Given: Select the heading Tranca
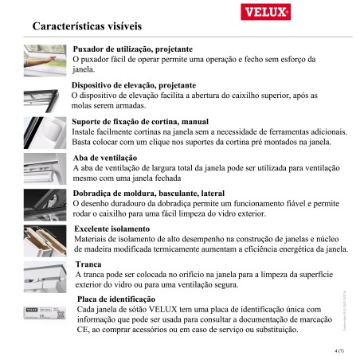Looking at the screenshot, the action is point(88,264).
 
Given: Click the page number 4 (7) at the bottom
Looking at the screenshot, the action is point(339,348).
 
